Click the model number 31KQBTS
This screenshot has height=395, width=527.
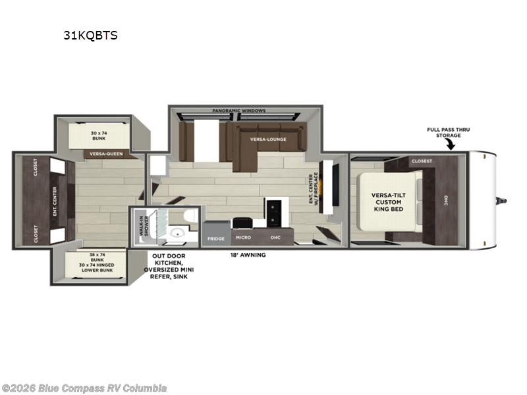(x=90, y=36)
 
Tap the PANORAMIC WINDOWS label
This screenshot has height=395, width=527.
(x=239, y=111)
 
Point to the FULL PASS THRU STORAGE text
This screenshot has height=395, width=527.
(x=448, y=132)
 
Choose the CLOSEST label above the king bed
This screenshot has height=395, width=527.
(x=422, y=161)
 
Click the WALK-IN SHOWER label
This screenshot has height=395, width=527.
(x=142, y=227)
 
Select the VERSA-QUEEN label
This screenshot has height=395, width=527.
(x=105, y=154)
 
